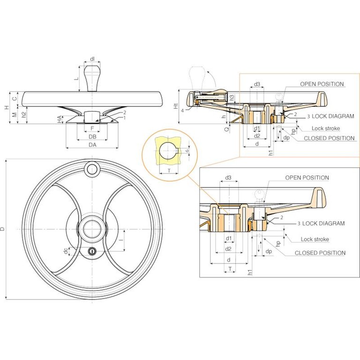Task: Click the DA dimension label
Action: (x=92, y=145)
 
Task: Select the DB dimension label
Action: (x=92, y=136)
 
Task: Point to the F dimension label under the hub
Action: (x=92, y=127)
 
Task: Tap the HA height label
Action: (x=60, y=121)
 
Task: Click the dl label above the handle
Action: (x=92, y=59)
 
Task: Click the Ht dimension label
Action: (x=176, y=107)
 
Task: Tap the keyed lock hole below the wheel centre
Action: (x=92, y=251)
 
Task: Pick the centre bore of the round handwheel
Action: (x=92, y=229)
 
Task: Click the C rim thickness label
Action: (x=15, y=98)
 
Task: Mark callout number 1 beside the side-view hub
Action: (x=125, y=118)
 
